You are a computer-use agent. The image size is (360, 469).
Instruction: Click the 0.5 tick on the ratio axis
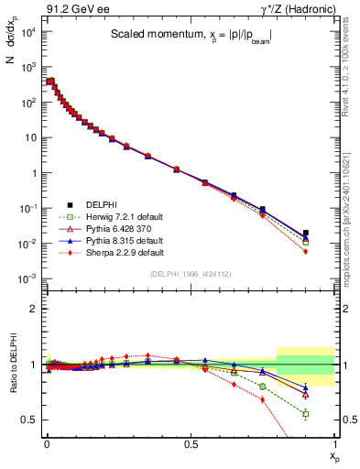(32, 420)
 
